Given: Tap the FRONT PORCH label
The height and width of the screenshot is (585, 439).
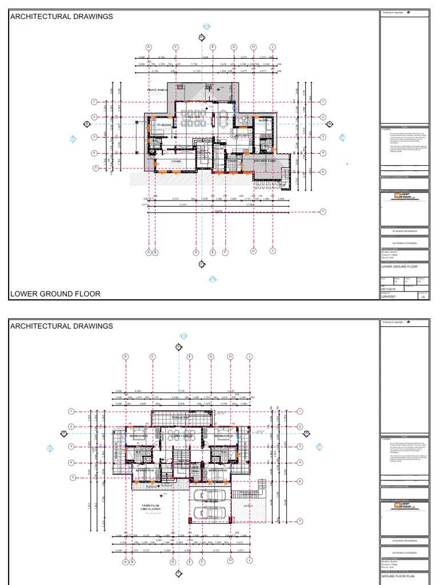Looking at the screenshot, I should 157,90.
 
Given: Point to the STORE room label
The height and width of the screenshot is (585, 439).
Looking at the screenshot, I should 177,162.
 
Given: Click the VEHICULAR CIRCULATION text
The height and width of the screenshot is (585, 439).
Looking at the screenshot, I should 151,507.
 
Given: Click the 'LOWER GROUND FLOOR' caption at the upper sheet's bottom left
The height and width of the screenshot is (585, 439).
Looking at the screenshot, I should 55,294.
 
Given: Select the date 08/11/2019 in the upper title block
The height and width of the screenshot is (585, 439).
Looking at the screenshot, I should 388,289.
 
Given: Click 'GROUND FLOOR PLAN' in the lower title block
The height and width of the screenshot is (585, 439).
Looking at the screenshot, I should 400,576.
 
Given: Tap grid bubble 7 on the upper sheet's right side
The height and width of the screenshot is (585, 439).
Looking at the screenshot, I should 323,211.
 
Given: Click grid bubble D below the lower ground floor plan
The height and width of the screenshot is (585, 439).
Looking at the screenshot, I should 195,251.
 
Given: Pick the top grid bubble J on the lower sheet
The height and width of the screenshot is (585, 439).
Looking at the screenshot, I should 249,356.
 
